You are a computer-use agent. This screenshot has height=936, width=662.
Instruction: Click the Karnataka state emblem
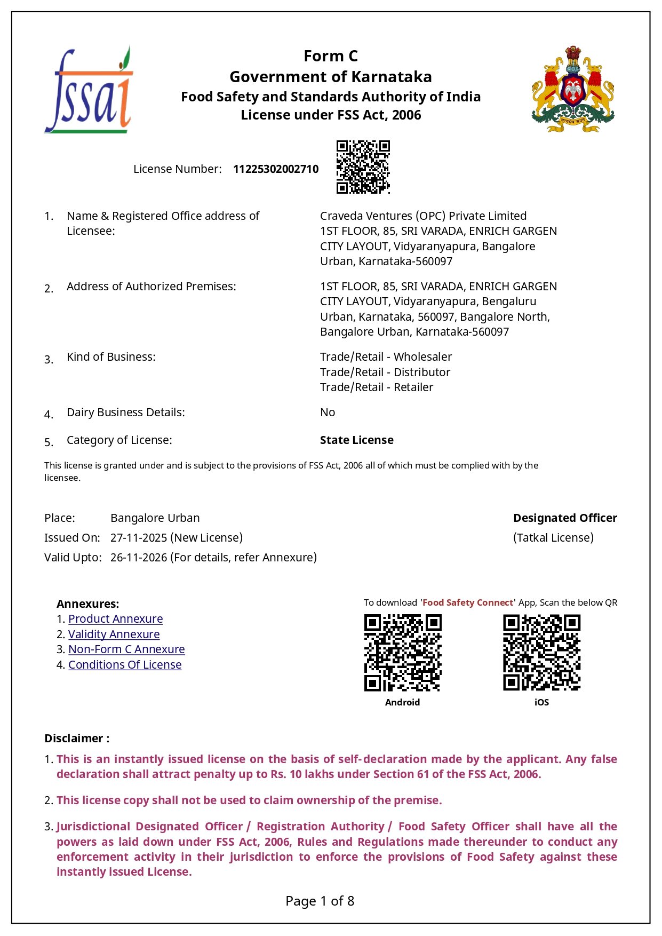(x=572, y=89)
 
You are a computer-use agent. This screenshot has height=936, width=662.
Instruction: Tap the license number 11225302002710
(x=275, y=169)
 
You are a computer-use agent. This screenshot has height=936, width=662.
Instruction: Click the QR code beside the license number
(x=363, y=167)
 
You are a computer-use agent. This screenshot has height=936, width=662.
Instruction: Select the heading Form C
(x=331, y=56)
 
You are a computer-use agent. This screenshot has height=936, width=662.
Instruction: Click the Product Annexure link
(x=115, y=619)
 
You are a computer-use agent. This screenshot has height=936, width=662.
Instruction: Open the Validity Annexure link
(x=114, y=634)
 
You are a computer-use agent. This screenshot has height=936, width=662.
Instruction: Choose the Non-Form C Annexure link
(x=126, y=649)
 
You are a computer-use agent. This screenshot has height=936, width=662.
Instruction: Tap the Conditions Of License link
(x=125, y=665)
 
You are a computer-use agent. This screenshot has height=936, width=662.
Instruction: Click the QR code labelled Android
(x=403, y=653)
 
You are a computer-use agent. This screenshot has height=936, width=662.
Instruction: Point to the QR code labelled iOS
(x=541, y=653)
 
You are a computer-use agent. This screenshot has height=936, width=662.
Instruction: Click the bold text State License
(x=356, y=440)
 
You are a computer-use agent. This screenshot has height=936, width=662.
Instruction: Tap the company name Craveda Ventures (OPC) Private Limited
(x=423, y=216)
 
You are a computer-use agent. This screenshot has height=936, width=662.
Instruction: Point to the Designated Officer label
(x=565, y=518)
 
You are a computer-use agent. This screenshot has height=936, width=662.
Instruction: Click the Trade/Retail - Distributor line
(x=385, y=372)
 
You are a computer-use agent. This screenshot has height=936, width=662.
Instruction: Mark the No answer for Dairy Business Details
(x=327, y=413)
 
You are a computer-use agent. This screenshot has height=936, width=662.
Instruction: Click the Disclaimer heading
(x=77, y=739)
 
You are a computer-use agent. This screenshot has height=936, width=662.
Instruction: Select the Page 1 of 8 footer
(x=320, y=901)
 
